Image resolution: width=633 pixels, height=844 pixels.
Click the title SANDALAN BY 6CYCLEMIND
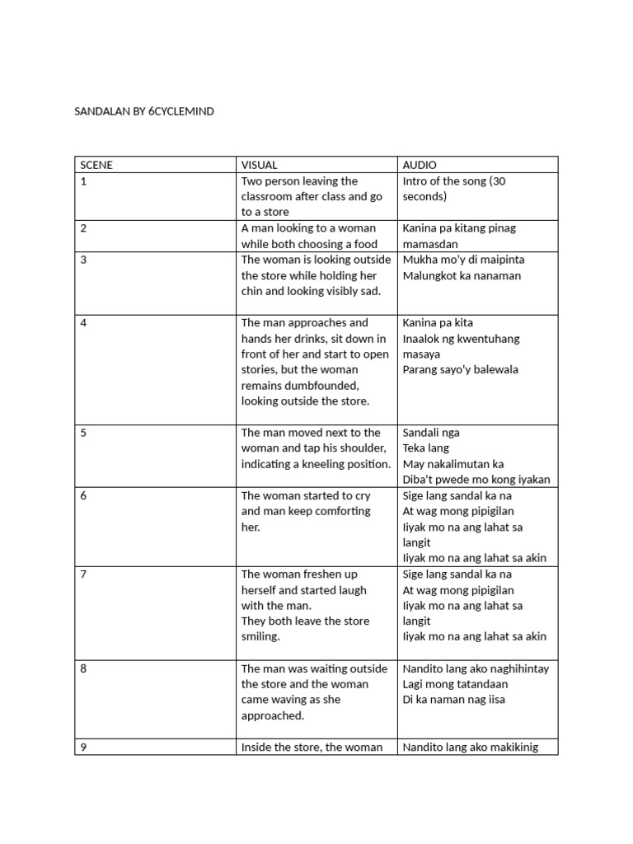coord(144,110)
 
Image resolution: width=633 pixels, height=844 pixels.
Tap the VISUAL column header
coord(259,165)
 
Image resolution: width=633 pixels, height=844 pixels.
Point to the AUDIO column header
coord(420,165)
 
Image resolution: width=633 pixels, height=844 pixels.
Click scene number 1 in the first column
coord(83,181)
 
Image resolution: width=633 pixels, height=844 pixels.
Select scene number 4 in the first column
coord(83,322)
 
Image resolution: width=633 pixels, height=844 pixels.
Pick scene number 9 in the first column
coord(83,747)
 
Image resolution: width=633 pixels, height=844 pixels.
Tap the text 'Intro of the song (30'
coord(454,181)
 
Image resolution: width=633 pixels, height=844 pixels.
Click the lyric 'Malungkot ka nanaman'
coord(462,275)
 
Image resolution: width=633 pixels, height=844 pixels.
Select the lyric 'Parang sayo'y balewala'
coord(460,369)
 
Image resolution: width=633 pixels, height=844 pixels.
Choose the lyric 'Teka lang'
coord(425,448)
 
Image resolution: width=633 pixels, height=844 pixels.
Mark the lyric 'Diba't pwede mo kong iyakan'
coord(476,480)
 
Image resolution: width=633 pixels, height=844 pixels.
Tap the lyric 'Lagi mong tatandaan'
coord(455,684)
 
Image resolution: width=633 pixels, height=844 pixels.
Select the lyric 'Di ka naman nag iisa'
coord(453,700)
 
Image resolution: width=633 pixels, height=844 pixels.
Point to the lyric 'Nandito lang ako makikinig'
coord(470,748)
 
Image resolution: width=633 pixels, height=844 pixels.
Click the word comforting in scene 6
coord(341,511)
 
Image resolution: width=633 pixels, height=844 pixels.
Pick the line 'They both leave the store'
coord(305,621)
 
